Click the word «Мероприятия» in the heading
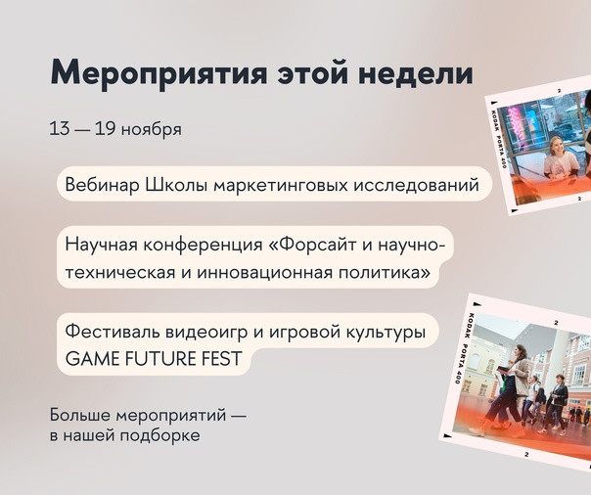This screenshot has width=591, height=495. click(159, 73)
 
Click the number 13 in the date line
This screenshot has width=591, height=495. click(60, 128)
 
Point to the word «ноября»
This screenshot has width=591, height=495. click(152, 130)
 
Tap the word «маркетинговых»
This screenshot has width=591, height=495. click(280, 186)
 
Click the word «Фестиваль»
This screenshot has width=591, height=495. click(113, 332)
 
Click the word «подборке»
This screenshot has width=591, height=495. click(160, 435)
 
